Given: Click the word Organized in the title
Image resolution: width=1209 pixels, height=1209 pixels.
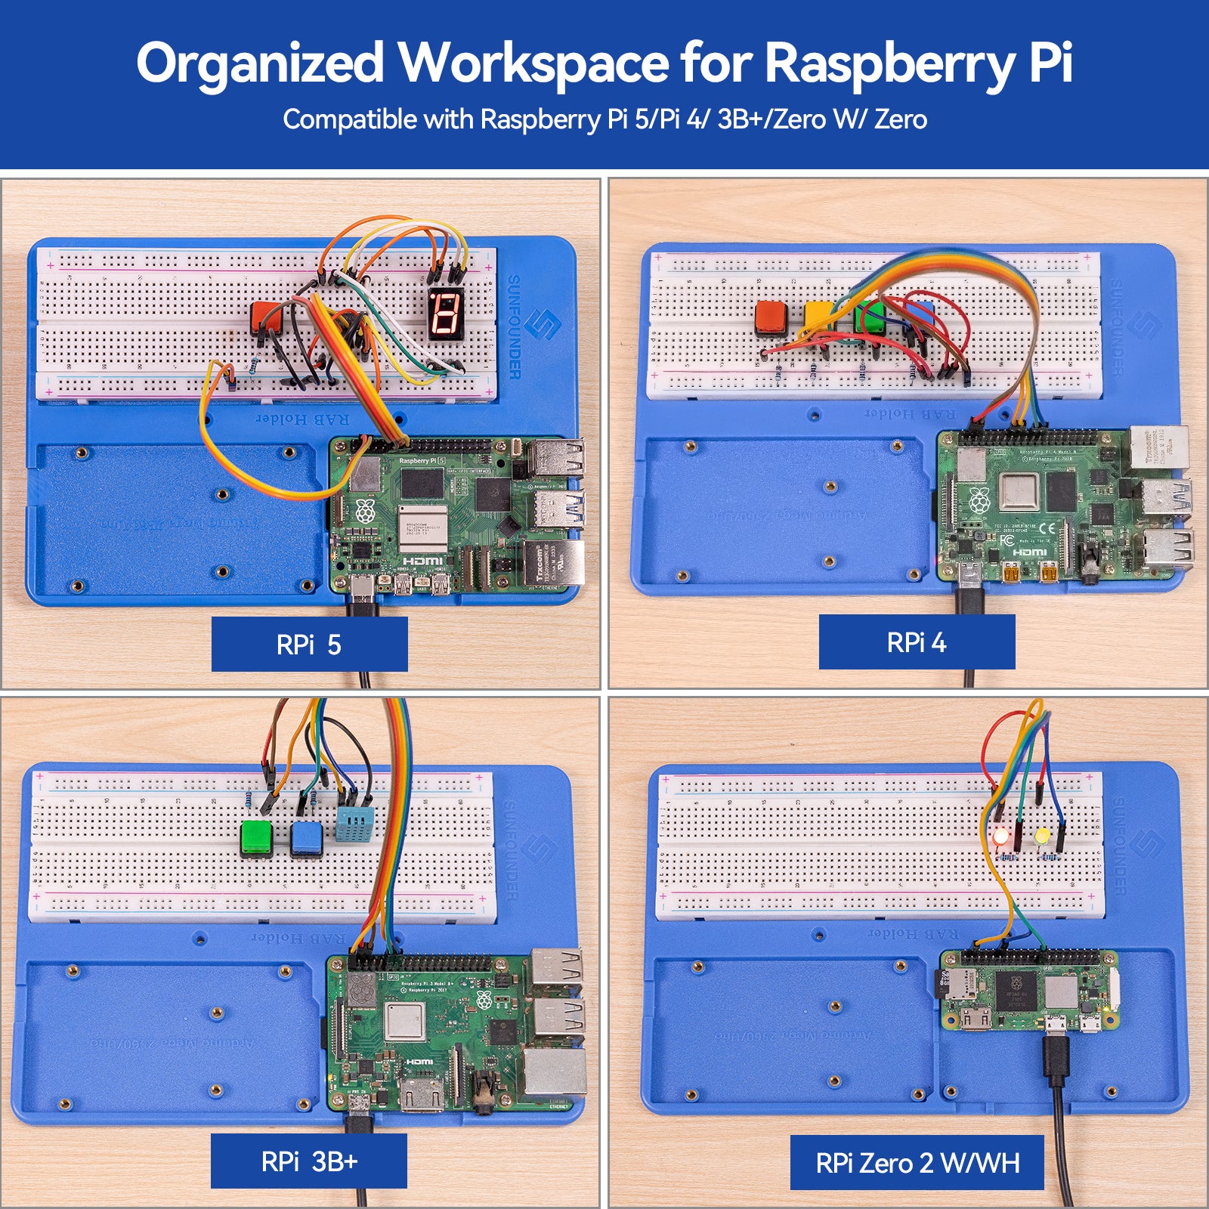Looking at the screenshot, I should pyautogui.click(x=260, y=63).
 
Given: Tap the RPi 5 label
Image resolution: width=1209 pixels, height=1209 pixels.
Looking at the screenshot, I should pyautogui.click(x=309, y=645).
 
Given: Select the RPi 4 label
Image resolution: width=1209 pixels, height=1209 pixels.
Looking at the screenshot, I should pyautogui.click(x=916, y=642).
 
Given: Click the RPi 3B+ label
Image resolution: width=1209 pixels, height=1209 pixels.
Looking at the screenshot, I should pyautogui.click(x=308, y=1161).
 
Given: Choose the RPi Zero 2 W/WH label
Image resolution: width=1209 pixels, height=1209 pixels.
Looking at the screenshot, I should pyautogui.click(x=917, y=1162).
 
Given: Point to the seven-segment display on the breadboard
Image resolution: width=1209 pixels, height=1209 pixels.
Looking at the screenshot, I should pyautogui.click(x=445, y=313).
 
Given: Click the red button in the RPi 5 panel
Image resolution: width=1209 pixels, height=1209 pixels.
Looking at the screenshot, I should pyautogui.click(x=266, y=317).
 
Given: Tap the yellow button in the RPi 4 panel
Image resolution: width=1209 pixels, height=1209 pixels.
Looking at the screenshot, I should pyautogui.click(x=818, y=317).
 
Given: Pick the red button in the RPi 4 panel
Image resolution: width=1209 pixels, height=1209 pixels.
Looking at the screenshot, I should pyautogui.click(x=771, y=318).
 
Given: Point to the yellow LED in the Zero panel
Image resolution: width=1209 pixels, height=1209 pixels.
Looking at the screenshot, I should pyautogui.click(x=1043, y=836).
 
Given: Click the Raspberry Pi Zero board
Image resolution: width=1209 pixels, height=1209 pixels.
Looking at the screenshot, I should pyautogui.click(x=1028, y=990).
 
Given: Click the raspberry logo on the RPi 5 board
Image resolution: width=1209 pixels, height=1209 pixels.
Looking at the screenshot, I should pyautogui.click(x=365, y=512).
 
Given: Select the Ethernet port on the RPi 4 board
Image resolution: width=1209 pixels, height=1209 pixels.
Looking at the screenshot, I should pyautogui.click(x=1160, y=447).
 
